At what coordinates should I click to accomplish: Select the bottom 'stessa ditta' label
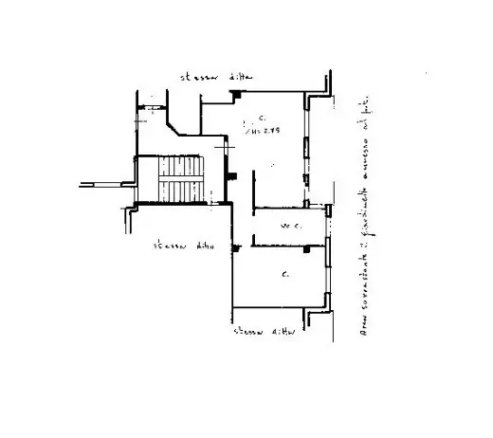pyautogui.click(x=266, y=332)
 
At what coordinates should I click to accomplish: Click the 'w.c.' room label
pyautogui.click(x=290, y=226)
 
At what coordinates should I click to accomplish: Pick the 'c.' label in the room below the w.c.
pyautogui.click(x=284, y=275)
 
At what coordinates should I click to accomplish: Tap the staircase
pyautogui.click(x=180, y=179)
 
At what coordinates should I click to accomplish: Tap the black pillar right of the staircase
pyautogui.click(x=231, y=177)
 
